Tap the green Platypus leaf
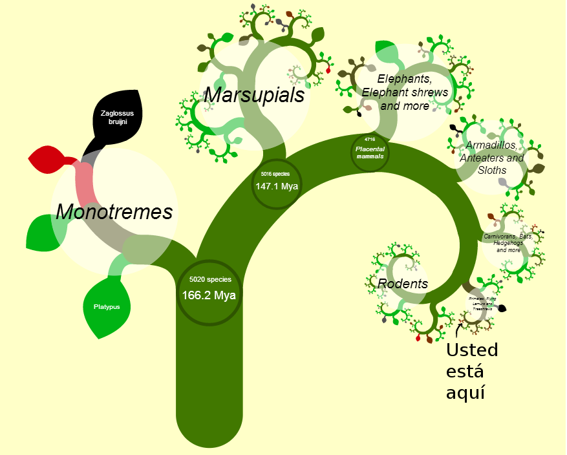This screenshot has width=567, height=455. pos(106,307)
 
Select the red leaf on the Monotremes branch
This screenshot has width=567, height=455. pos(48,159)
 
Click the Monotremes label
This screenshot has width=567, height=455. pos(114,212)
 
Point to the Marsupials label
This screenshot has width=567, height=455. pos(253,96)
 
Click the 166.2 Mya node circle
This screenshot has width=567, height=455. pos(208,291)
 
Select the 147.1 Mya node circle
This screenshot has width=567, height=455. pos(276,184)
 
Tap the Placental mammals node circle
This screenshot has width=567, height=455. pos(370,153)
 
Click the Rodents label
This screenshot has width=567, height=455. pos(403,284)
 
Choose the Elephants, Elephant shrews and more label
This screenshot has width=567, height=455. pos(405,92)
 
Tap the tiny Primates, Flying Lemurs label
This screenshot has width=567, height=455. pos(482,304)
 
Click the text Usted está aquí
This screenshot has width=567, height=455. pos(472,371)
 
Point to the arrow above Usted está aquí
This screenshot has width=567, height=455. pos(459,330)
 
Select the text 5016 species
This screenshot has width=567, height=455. pos(276,174)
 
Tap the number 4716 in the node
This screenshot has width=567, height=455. pos(370,139)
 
